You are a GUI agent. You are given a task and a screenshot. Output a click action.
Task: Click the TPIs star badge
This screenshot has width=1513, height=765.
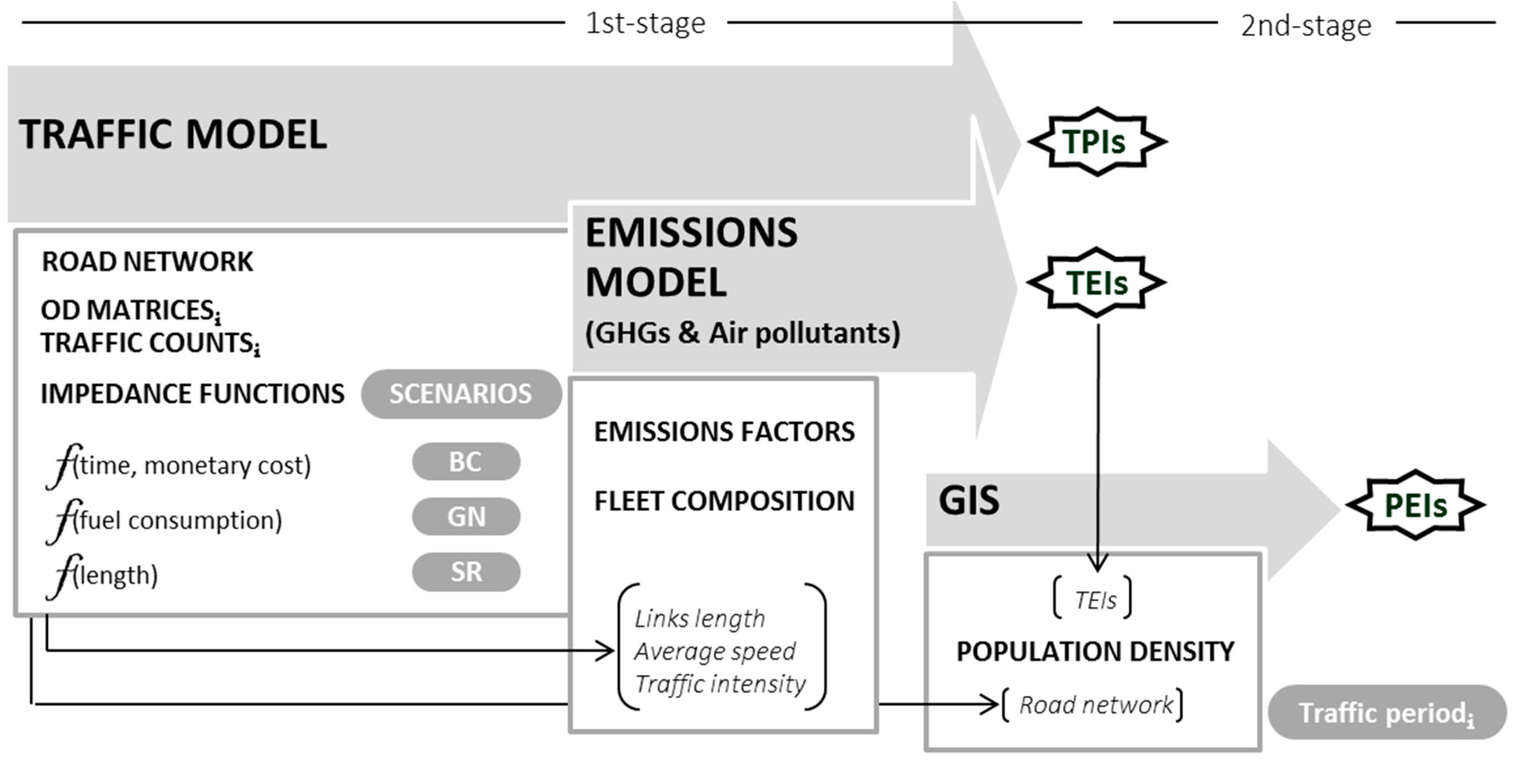[x=1096, y=142]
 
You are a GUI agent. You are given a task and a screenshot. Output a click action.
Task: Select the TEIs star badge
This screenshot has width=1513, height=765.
[x=1096, y=282]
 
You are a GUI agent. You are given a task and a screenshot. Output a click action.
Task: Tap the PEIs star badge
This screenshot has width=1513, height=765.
[x=1415, y=505]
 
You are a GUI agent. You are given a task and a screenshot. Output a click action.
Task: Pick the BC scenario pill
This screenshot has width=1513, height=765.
[x=466, y=462]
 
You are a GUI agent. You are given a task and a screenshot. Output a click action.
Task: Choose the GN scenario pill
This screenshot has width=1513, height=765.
[x=466, y=517]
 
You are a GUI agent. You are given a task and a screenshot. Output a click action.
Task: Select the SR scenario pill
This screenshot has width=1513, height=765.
[x=466, y=572]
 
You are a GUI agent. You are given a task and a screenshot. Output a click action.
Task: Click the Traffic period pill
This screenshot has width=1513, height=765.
[x=1387, y=713]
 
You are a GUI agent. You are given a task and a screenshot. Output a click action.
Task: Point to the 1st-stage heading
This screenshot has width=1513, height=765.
[x=645, y=24]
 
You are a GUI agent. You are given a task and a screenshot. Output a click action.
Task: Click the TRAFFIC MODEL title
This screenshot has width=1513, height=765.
[x=173, y=134]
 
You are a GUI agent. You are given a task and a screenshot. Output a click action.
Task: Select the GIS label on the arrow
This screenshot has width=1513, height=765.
[x=968, y=501]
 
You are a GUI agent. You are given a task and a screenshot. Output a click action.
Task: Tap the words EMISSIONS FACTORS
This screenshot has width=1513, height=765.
[x=724, y=431]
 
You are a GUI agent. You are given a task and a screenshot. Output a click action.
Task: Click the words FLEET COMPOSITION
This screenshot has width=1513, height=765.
[x=724, y=501]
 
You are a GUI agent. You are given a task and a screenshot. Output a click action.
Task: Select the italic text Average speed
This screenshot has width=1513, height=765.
[x=715, y=651]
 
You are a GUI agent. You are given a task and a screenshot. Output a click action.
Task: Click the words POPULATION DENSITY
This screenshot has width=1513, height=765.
[x=1095, y=651]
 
